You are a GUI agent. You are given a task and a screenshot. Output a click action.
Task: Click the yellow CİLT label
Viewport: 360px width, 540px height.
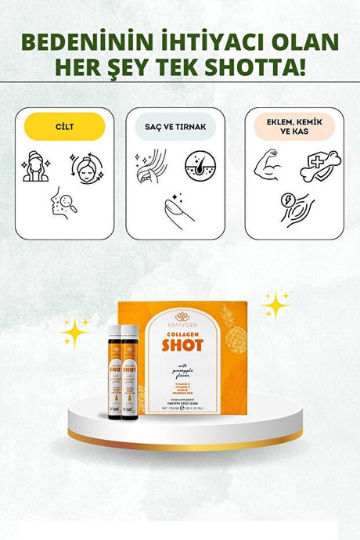64,127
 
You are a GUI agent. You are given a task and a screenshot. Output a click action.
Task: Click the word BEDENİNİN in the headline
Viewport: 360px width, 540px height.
93,41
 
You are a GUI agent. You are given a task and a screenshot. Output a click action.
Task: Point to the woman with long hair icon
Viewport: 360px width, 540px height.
36,166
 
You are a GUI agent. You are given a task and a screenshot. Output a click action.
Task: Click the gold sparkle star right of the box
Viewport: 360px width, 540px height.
275,303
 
